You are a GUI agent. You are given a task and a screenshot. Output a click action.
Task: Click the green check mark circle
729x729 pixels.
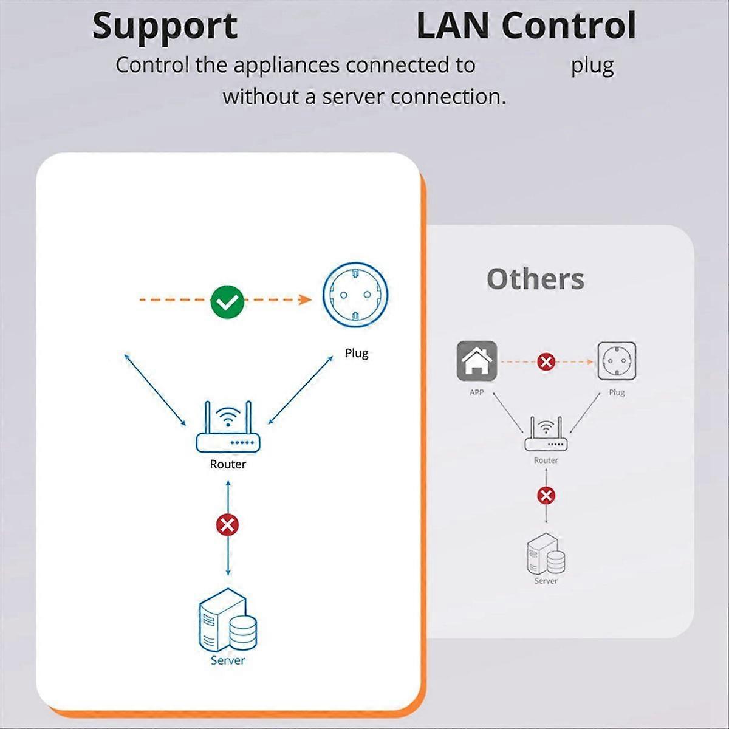coord(227,301)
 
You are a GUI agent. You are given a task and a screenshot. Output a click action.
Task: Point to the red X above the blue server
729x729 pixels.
coord(228,524)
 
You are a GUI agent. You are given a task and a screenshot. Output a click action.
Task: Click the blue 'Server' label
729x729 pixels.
coord(228,660)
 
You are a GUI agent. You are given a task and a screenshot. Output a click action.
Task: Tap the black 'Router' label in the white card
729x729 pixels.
coord(228,464)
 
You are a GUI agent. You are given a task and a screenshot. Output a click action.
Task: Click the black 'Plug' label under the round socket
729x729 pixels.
coord(357,353)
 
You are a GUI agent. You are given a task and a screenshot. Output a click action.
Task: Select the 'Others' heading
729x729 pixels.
coord(535,279)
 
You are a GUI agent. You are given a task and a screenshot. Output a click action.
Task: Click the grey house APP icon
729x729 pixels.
coord(477,361)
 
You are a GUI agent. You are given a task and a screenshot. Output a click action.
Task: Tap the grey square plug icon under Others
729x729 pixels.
coord(617,361)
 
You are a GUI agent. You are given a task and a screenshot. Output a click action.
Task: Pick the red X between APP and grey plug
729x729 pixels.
coord(546,362)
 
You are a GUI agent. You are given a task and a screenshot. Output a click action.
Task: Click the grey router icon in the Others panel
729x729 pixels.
coord(546,434)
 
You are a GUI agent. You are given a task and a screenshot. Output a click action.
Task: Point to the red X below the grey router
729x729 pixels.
coord(546,496)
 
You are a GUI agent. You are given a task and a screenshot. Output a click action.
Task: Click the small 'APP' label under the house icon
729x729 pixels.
coord(477,392)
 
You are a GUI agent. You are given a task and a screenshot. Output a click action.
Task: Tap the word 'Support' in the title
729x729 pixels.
coord(165,26)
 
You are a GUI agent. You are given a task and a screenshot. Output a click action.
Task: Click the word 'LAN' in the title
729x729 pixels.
coord(453,26)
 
